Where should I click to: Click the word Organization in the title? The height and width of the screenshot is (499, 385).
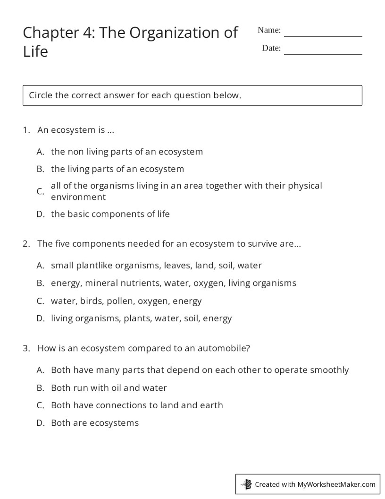tap(175, 33)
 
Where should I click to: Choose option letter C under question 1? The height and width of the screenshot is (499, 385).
tap(40, 191)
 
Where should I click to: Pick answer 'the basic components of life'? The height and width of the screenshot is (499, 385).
tap(110, 214)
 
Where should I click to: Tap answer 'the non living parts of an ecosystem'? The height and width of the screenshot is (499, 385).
tap(126, 152)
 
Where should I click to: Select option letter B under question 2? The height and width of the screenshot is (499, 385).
tap(40, 283)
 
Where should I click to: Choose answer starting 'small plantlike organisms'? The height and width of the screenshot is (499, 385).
tap(156, 266)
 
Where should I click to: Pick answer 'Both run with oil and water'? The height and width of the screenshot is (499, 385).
tap(109, 388)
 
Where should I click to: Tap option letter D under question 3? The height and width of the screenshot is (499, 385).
tap(40, 423)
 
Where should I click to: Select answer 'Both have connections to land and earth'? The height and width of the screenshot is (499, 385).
tap(137, 405)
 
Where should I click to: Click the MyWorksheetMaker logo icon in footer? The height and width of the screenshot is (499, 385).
tap(246, 484)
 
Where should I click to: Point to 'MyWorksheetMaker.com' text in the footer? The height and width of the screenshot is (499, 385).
tap(336, 484)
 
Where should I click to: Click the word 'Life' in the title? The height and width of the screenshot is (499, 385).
tap(35, 51)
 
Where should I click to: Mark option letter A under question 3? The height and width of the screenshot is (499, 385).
tap(40, 370)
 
